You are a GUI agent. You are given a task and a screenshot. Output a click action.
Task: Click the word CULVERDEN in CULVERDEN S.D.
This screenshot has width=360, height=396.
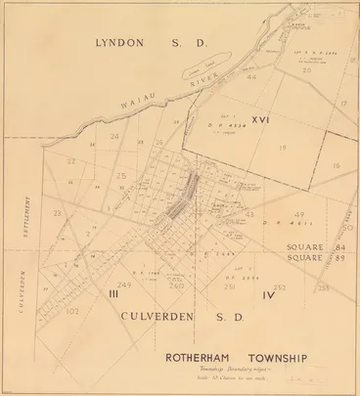point(162,317)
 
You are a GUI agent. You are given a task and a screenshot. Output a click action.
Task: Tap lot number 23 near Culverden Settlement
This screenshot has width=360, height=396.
point(56,212)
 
